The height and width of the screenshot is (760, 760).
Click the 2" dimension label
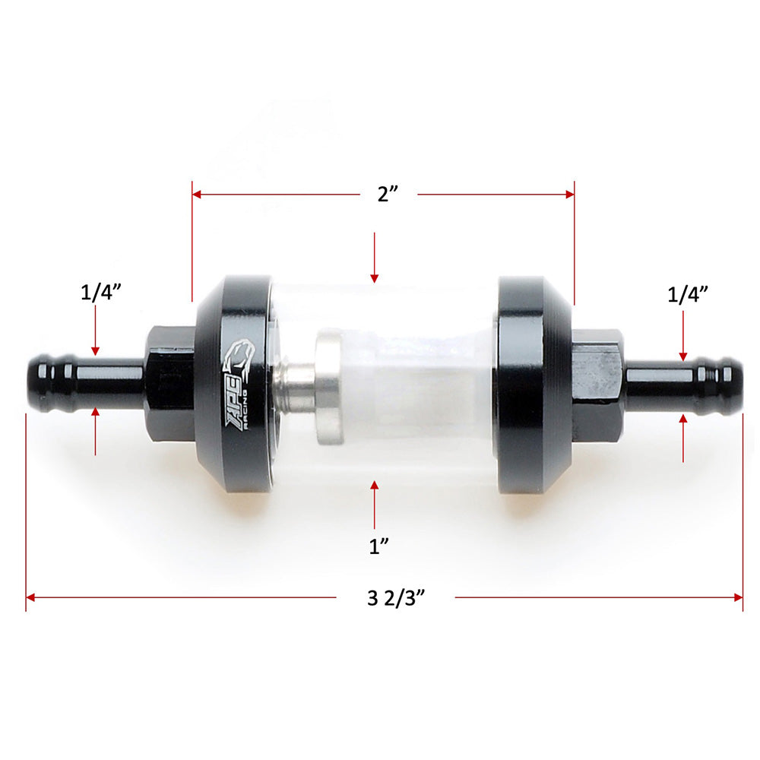click(388, 194)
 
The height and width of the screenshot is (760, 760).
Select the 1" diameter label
click(374, 546)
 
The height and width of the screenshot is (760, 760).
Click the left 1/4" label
click(101, 293)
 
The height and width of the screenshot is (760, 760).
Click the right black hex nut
click(597, 385)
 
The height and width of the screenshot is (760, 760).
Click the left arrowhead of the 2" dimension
click(197, 195)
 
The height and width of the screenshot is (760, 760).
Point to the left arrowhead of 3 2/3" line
click(31, 598)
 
